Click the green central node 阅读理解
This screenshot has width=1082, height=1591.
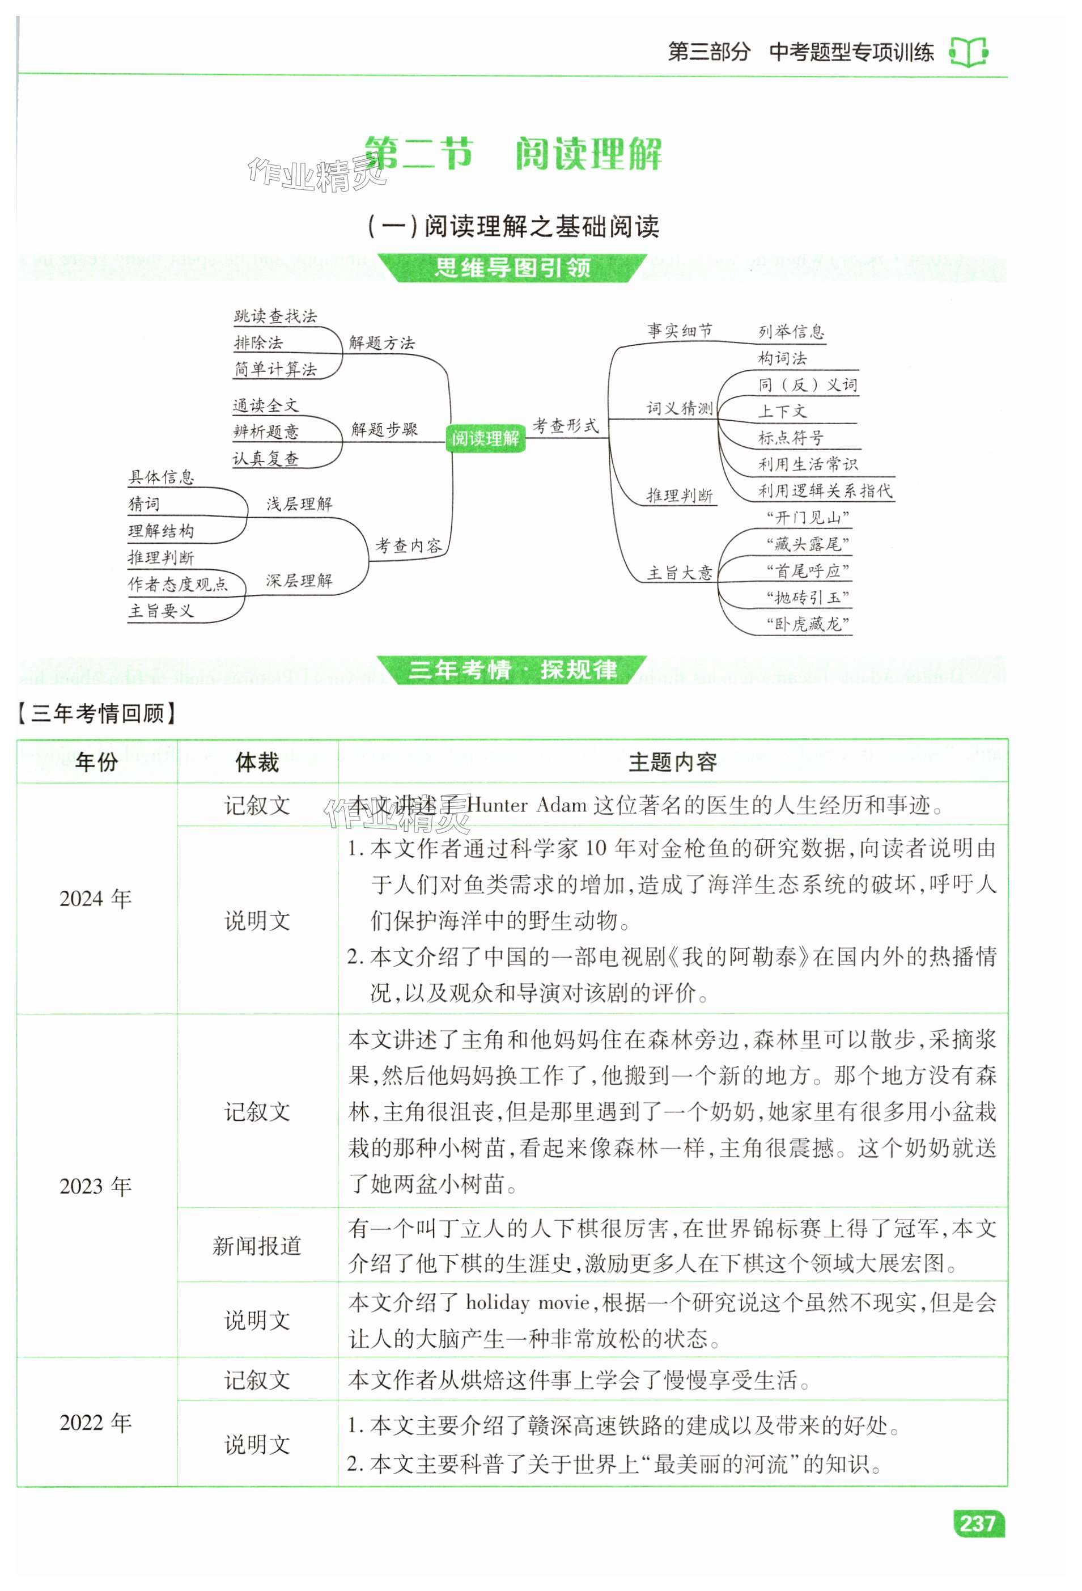coord(485,438)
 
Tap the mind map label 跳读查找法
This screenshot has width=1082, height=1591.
coord(275,316)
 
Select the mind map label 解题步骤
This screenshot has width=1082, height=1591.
coord(384,429)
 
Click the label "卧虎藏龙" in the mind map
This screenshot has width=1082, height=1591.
coord(808,624)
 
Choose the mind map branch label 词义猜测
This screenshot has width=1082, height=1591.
coord(680,409)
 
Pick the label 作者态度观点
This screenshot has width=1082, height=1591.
coord(178,584)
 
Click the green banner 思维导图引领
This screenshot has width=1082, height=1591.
coord(512,268)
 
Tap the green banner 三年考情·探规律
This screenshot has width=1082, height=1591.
coord(512,670)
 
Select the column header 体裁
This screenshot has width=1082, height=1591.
coord(257,762)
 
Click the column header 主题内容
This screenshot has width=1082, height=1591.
coord(672,762)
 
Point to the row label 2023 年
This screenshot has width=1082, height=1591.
coord(95,1186)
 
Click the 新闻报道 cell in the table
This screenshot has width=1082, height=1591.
coord(257,1246)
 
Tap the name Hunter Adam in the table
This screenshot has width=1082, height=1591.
coord(527,805)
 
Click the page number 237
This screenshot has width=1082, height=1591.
coord(977,1524)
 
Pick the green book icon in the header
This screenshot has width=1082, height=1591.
coord(969,52)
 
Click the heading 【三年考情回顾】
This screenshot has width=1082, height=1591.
coord(96,713)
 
